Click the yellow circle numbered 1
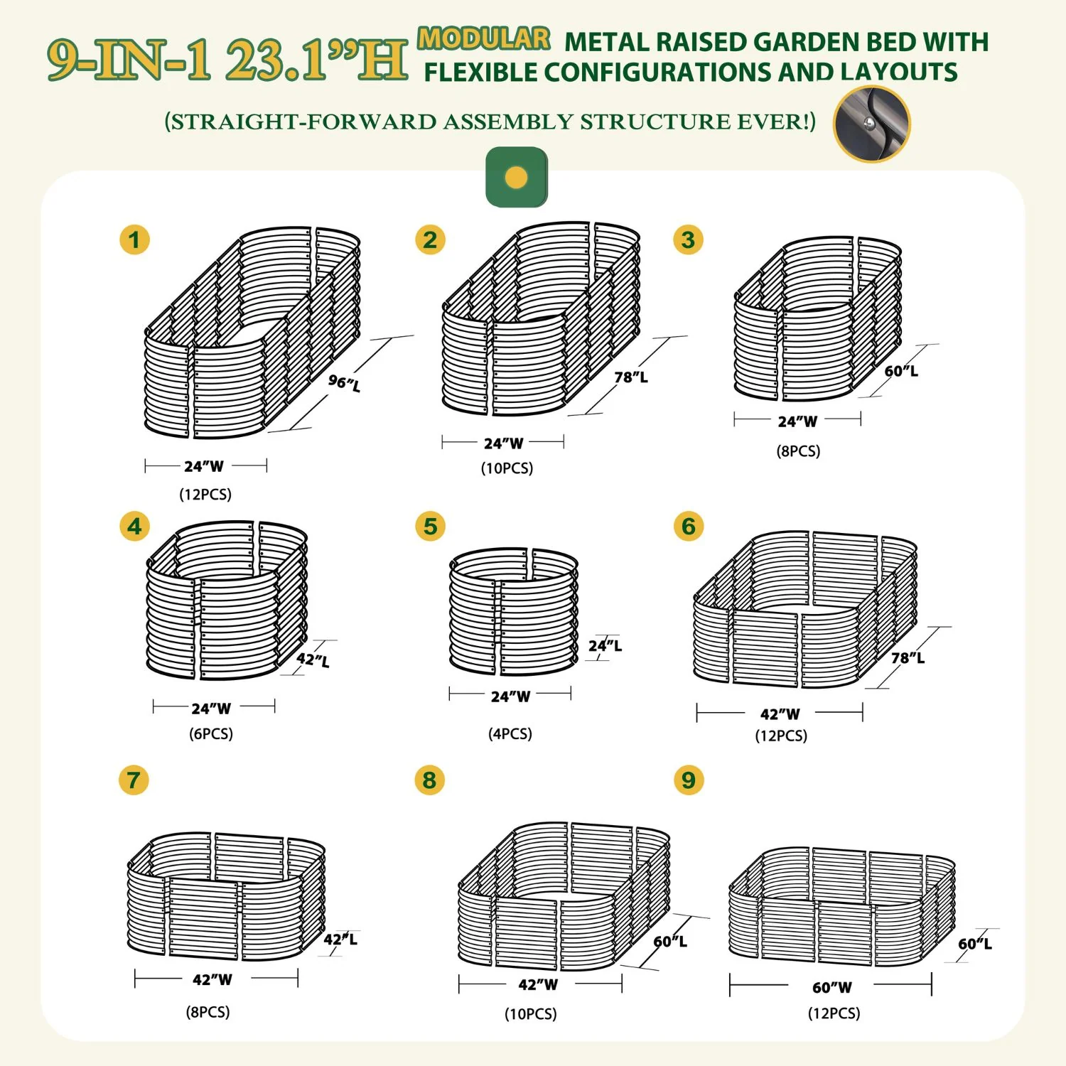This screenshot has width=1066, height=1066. tap(134, 240)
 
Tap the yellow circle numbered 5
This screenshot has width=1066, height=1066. tap(430, 527)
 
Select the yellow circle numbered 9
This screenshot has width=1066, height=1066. tap(688, 780)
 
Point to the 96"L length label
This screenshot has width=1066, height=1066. tap(344, 382)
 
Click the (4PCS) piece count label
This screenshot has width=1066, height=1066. tap(510, 733)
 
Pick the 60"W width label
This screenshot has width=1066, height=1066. tap(831, 987)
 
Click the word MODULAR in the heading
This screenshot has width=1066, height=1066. tap(484, 38)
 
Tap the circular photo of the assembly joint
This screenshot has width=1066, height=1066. tap(872, 124)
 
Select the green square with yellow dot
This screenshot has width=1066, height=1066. tap(517, 177)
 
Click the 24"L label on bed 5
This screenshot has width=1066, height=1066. tap(605, 645)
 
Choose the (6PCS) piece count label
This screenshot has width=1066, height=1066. tap(211, 733)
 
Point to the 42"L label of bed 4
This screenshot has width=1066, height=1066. tap(313, 659)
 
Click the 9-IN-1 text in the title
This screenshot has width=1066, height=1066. tap(130, 59)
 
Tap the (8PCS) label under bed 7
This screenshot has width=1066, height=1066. tap(208, 1011)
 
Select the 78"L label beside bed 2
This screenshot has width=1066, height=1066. tap(631, 377)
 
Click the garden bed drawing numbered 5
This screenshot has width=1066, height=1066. tap(514, 612)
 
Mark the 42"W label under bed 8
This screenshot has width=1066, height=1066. tap(538, 984)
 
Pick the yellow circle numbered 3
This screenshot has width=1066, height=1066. tap(688, 240)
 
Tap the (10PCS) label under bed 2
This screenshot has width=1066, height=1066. tap(507, 468)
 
